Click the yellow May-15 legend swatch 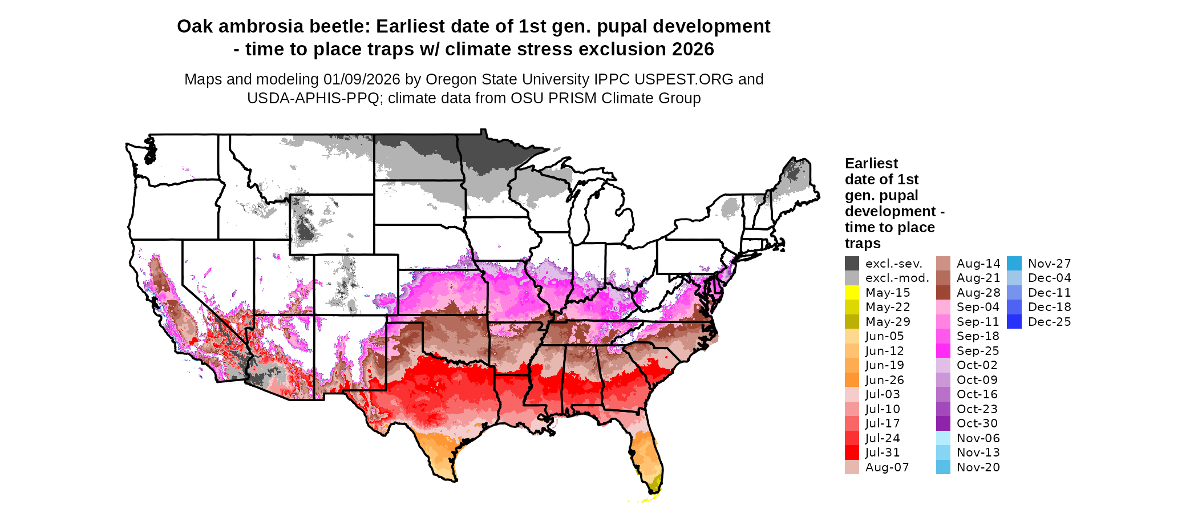pyautogui.click(x=852, y=293)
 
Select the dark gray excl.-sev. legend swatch pyautogui.click(x=852, y=264)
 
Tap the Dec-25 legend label pyautogui.click(x=1049, y=322)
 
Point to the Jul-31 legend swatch pyautogui.click(x=852, y=453)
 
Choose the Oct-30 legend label pyautogui.click(x=977, y=423)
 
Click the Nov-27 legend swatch pyautogui.click(x=1014, y=264)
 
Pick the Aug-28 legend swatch pyautogui.click(x=943, y=293)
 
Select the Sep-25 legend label pyautogui.click(x=977, y=351)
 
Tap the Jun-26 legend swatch pyautogui.click(x=852, y=380)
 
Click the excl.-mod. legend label pyautogui.click(x=897, y=278)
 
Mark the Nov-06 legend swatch pyautogui.click(x=943, y=438)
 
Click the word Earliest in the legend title pyautogui.click(x=871, y=164)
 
